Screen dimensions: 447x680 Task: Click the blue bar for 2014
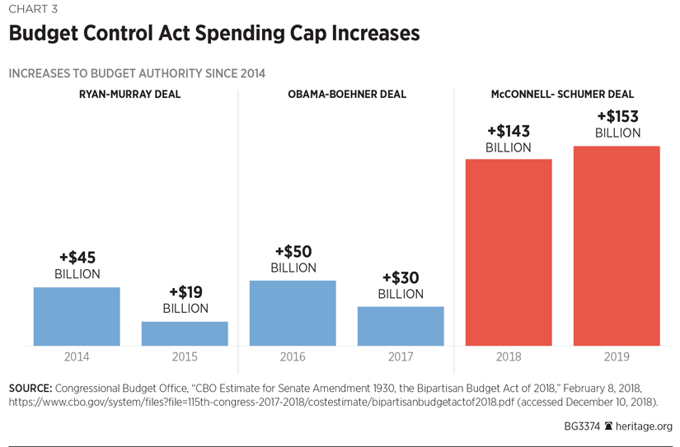click(x=77, y=316)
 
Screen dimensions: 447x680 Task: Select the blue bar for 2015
click(x=185, y=333)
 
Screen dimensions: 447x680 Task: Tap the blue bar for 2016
click(x=293, y=313)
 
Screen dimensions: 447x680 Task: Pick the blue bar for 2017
click(x=401, y=326)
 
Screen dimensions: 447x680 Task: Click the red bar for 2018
click(x=509, y=252)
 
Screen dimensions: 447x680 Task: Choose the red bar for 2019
click(x=617, y=245)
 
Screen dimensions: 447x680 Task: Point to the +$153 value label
click(x=617, y=117)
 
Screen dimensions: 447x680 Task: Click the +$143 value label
click(x=509, y=132)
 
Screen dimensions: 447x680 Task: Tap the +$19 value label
click(x=185, y=292)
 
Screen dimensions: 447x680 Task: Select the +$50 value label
click(x=293, y=252)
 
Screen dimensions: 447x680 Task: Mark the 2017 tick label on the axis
click(x=401, y=357)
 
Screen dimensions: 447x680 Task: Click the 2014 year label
click(x=77, y=357)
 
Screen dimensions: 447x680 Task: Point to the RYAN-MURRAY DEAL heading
click(x=129, y=95)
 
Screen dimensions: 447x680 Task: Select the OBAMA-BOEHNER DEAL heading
click(x=347, y=95)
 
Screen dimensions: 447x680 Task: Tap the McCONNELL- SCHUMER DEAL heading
click(x=562, y=95)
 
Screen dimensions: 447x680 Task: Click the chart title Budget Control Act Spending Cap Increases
click(x=214, y=34)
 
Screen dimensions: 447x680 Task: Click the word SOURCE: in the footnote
click(x=30, y=388)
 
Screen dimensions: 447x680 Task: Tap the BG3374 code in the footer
click(x=581, y=426)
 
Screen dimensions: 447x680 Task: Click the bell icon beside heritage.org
click(x=608, y=426)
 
